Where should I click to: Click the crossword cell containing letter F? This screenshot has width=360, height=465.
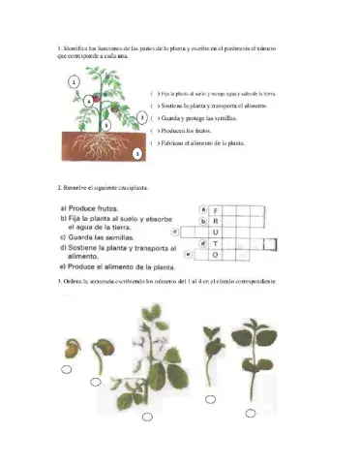(x=217, y=209)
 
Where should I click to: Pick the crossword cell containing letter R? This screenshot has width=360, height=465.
(x=217, y=221)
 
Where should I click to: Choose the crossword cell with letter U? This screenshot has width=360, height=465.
(x=217, y=232)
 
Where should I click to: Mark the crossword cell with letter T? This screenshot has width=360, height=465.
(x=217, y=244)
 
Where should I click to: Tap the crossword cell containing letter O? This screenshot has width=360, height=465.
(x=217, y=256)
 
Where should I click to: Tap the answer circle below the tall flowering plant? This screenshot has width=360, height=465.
(x=146, y=418)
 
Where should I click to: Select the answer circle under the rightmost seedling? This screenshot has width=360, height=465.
(x=250, y=413)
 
